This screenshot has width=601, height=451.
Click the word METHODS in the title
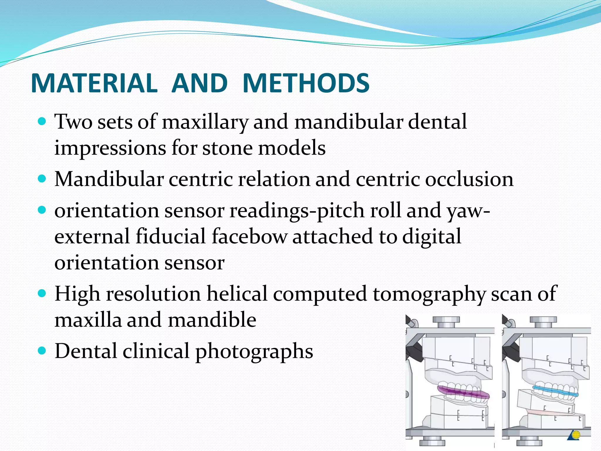click(306, 83)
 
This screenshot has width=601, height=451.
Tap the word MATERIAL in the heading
click(94, 83)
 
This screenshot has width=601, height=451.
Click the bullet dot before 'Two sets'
click(42, 121)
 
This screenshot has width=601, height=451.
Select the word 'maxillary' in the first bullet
click(205, 122)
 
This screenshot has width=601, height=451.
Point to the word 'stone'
click(227, 148)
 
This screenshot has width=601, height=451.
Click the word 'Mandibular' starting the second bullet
click(109, 179)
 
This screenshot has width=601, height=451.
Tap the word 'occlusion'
click(469, 179)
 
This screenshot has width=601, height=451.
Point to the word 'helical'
click(237, 294)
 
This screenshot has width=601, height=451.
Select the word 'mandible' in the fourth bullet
click(212, 320)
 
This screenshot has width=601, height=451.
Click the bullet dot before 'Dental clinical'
click(42, 350)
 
